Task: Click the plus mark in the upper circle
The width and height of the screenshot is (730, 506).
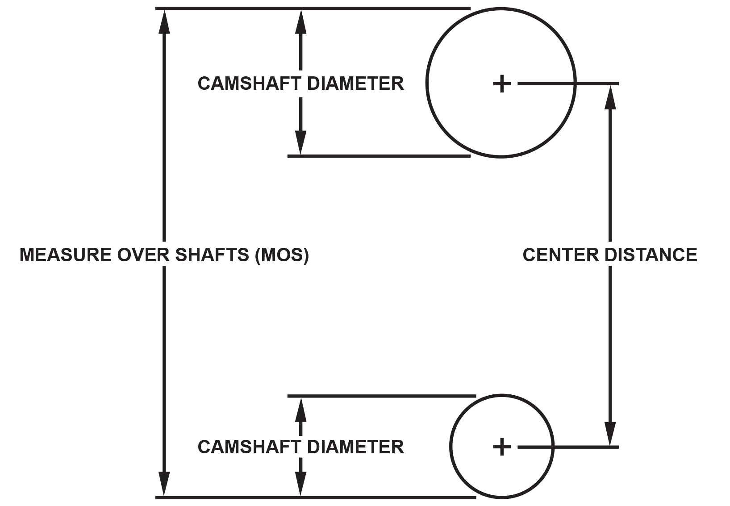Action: click(501, 84)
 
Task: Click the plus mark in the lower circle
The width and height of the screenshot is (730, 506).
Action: click(501, 447)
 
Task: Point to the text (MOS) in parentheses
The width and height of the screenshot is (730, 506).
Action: click(282, 255)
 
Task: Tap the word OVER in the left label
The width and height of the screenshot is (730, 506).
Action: click(143, 255)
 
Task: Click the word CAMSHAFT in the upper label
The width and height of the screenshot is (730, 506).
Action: click(249, 84)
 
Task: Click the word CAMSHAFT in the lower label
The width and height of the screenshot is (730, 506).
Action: click(249, 447)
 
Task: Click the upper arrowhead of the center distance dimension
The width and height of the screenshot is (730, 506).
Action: click(610, 96)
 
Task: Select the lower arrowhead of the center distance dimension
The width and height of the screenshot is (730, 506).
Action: click(610, 434)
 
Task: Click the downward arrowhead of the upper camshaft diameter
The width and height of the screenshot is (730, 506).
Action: click(301, 143)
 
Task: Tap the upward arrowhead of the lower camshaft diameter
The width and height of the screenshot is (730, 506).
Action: click(301, 409)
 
